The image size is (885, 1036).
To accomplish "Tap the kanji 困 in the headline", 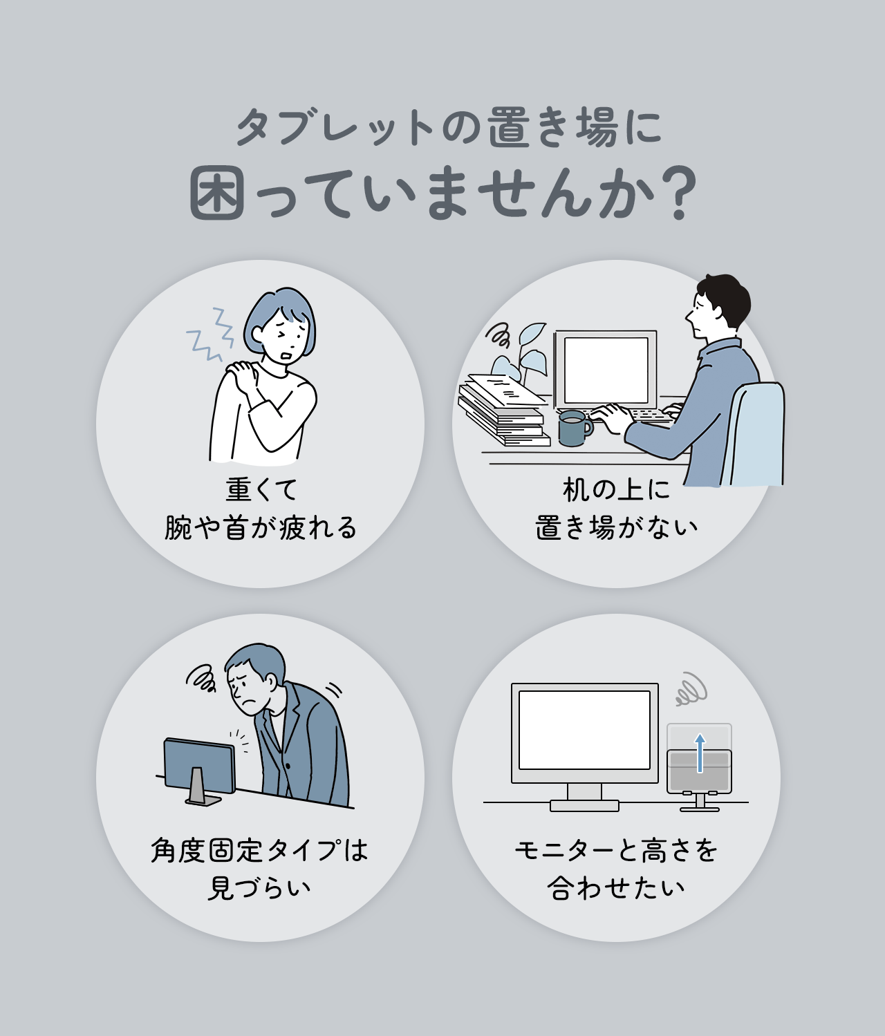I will click(217, 194).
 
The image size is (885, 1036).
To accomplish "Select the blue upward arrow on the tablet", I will click(700, 753).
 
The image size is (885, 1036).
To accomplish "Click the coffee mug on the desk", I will click(574, 428).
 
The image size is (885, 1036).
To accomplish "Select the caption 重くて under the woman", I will click(261, 489).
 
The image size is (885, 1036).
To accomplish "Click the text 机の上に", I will click(616, 489).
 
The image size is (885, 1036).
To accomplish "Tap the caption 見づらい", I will click(260, 887).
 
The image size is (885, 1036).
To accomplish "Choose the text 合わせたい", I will click(616, 887).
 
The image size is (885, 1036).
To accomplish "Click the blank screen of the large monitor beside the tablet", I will click(584, 730).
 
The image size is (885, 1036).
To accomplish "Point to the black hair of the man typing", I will click(726, 294).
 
